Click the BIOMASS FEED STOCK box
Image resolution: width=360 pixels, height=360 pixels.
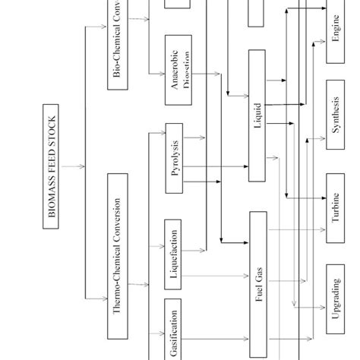pos(52,166)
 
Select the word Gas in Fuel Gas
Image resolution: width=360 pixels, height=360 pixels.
pos(257,274)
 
